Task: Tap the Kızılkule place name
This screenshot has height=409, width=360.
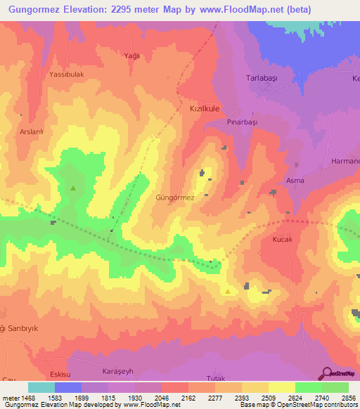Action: [x=205, y=110]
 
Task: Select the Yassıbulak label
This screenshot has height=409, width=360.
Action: [x=67, y=74]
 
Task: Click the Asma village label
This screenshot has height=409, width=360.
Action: [x=295, y=181]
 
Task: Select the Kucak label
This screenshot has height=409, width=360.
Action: [x=282, y=240]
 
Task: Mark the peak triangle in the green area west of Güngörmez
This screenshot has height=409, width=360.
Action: [x=73, y=188]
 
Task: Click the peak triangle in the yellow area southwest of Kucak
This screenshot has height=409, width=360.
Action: [x=227, y=291]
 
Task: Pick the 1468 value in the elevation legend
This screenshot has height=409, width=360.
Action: [x=26, y=398]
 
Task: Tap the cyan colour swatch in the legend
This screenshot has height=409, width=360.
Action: [x=41, y=387]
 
